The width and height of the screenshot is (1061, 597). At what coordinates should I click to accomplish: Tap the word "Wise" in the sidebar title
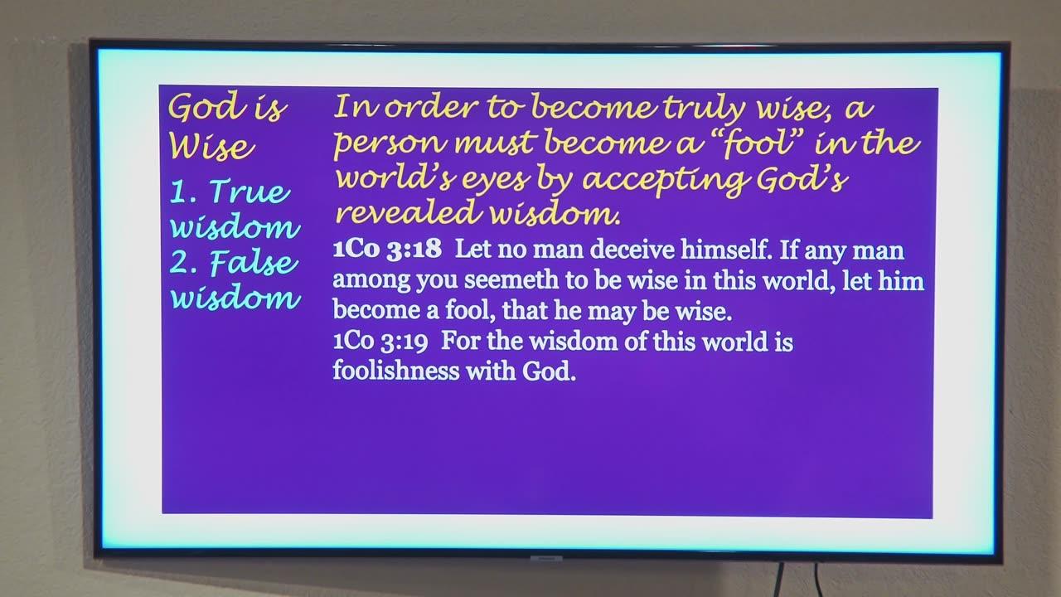coord(211,147)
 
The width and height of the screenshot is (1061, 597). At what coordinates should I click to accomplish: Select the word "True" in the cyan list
coord(250,192)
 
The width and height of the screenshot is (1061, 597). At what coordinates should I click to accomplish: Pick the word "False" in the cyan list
coord(254,262)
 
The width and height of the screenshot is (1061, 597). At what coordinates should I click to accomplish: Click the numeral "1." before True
coord(183,192)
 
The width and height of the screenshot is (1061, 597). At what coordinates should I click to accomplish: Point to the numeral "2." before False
coord(183,263)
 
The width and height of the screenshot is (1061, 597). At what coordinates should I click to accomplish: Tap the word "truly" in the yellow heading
coord(704,109)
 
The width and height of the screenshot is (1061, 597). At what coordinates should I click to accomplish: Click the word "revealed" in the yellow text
coord(409,213)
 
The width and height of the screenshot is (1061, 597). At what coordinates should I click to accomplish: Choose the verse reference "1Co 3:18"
coord(387,249)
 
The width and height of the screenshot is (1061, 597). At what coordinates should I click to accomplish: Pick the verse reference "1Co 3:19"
coord(380,341)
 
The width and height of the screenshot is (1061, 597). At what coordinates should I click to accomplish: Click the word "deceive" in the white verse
coord(632,249)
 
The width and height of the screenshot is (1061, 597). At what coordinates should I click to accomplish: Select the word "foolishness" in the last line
coord(396,370)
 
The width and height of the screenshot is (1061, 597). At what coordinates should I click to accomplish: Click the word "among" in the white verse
coord(371,280)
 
